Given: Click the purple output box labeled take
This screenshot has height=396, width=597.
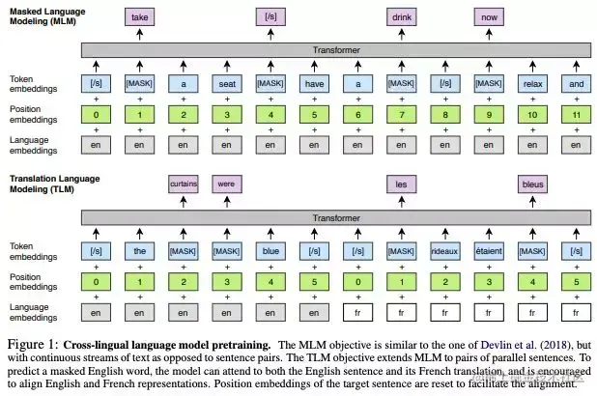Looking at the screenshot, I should click(x=139, y=16).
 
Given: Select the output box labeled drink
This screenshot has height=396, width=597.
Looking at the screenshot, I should click(x=401, y=16).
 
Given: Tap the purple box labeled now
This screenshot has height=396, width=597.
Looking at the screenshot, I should click(x=488, y=16).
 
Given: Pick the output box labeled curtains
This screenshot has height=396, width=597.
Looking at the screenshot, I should click(x=183, y=183).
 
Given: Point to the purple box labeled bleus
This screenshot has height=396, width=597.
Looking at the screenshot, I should click(x=531, y=183).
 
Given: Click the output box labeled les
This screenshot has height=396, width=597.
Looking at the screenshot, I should click(x=401, y=183).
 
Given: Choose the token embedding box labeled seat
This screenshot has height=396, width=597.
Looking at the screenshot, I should click(x=226, y=84).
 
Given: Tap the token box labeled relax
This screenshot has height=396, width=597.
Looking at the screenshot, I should click(x=531, y=84).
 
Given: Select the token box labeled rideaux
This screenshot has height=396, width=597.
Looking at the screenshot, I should click(x=444, y=253).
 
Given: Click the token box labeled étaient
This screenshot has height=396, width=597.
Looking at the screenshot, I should click(x=488, y=253).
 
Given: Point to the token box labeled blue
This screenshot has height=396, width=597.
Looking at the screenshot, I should click(x=270, y=253).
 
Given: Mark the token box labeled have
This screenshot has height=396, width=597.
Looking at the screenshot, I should click(x=313, y=84).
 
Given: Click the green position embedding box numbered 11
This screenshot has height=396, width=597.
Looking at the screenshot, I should click(x=575, y=115).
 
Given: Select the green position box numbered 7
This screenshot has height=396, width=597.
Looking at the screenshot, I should click(x=401, y=115).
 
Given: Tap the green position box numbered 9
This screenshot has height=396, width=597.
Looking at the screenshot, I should click(x=488, y=115).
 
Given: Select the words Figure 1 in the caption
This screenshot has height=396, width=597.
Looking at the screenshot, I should click(x=34, y=344).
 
